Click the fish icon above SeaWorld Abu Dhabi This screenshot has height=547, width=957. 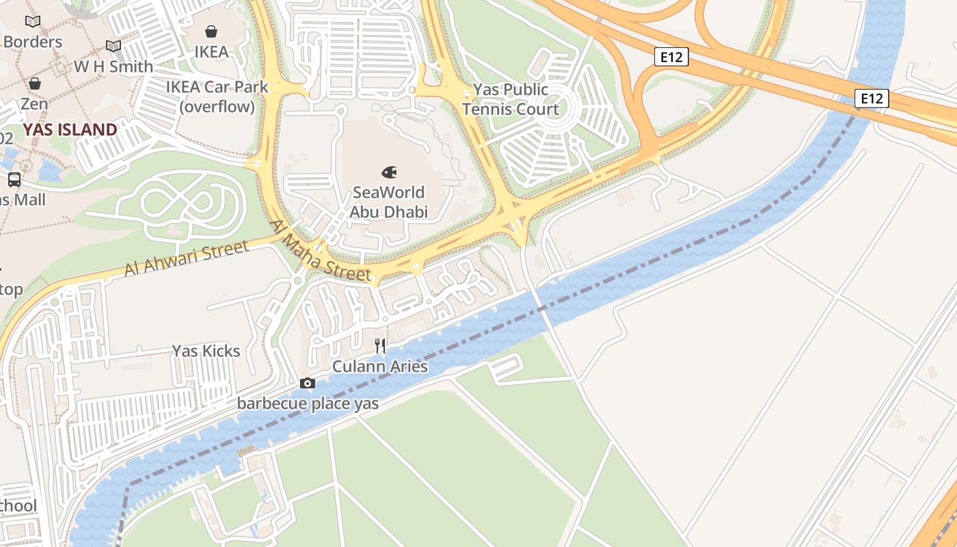[x=389, y=172]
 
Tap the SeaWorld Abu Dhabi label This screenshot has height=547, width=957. [x=388, y=202]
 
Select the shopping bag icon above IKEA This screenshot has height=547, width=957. [x=211, y=31]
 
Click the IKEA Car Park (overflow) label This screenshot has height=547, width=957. [x=217, y=97]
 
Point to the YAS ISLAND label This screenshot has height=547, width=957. [x=70, y=130]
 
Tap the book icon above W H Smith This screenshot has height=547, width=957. [x=113, y=46]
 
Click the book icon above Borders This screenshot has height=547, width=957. [x=33, y=22]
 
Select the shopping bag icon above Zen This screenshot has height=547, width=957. [x=34, y=84]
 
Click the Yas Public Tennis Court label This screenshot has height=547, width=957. [x=510, y=99]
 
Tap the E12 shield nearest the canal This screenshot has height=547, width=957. [x=871, y=98]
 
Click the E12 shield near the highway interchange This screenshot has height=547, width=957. [x=671, y=57]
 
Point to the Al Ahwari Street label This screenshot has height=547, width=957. [x=186, y=258]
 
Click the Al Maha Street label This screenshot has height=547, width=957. [x=321, y=251]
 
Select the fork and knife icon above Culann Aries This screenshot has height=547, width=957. [x=380, y=346]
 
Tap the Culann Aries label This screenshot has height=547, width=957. [x=380, y=366]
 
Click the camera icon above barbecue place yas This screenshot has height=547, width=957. [x=308, y=384]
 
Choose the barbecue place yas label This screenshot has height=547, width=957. [x=308, y=403]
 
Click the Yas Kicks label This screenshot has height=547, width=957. [x=206, y=351]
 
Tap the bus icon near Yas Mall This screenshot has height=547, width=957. [x=14, y=180]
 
